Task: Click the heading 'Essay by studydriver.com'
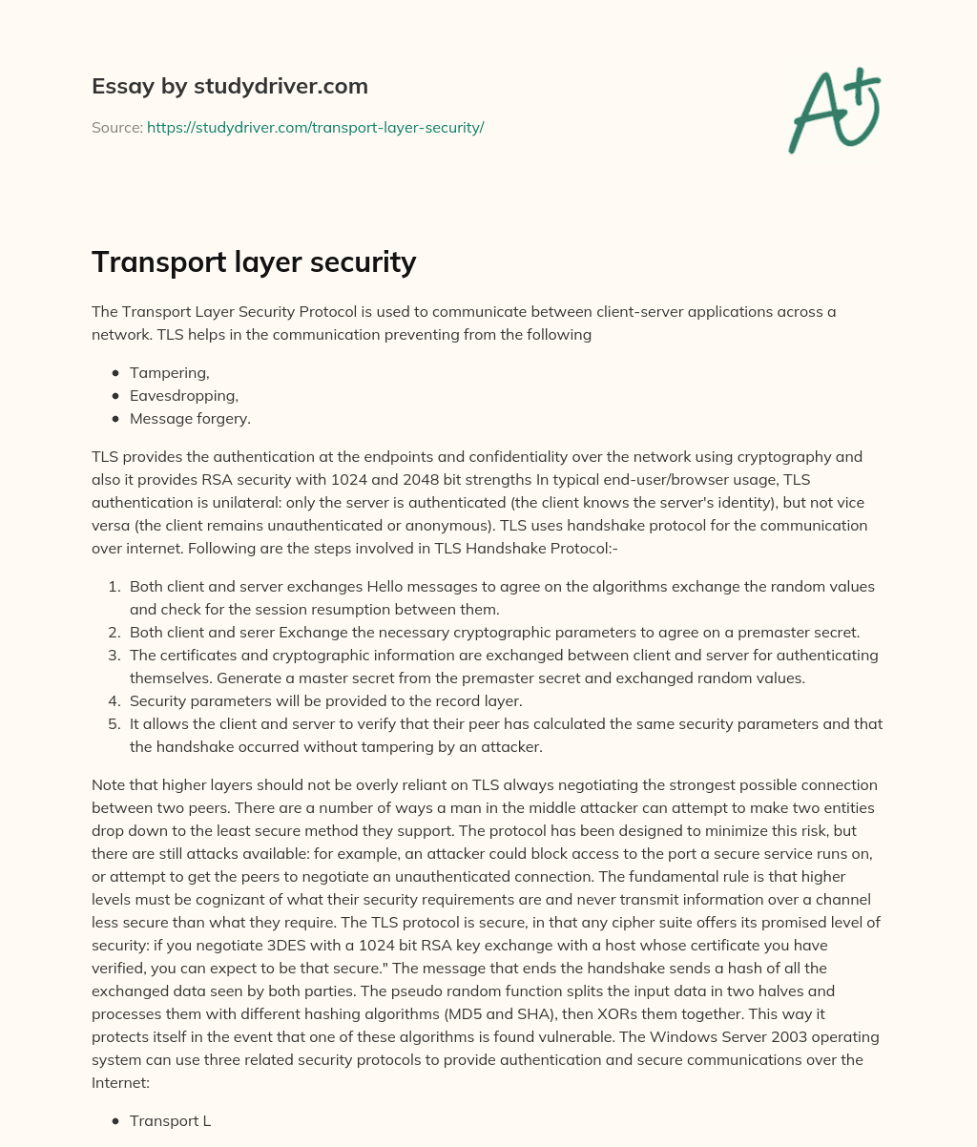(x=230, y=86)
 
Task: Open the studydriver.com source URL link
(x=315, y=127)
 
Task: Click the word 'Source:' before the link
(x=117, y=127)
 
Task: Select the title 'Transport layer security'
(x=254, y=262)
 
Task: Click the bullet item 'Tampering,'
(x=169, y=373)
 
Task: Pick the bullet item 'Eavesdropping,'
(x=183, y=396)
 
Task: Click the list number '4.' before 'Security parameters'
(x=114, y=701)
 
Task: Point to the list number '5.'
(x=114, y=724)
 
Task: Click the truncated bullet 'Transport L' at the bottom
(x=170, y=1121)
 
